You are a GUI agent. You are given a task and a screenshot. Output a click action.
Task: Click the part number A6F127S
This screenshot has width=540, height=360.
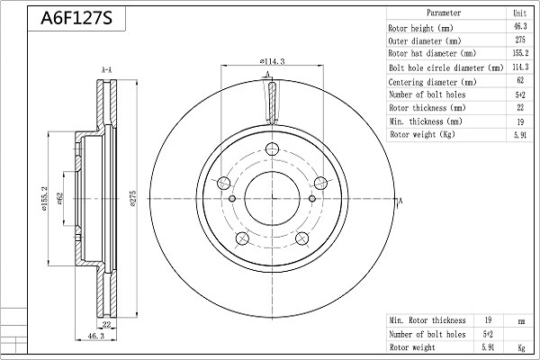(x=76, y=18)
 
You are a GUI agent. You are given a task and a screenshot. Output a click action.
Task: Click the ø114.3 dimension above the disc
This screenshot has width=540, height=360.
(x=272, y=61)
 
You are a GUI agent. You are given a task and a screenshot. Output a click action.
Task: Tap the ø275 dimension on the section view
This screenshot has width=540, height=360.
(x=133, y=198)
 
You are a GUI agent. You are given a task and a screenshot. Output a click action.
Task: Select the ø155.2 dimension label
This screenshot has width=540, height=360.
(x=44, y=198)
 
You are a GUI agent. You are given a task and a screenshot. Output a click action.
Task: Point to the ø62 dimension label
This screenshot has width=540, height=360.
(x=59, y=199)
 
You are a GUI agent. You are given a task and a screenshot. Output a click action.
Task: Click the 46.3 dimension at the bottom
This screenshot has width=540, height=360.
(x=95, y=336)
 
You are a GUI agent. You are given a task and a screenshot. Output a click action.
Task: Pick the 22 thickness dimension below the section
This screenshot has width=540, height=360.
(x=107, y=324)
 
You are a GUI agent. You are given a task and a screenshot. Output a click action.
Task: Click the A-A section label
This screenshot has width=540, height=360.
(x=106, y=70)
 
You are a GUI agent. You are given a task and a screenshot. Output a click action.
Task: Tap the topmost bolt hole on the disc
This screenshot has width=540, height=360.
(x=272, y=149)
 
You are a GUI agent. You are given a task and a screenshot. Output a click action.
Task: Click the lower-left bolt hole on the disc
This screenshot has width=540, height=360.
(x=242, y=238)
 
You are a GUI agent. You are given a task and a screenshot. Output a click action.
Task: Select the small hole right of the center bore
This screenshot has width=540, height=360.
(x=312, y=198)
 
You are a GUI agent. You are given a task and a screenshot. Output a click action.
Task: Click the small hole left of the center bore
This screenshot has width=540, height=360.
(x=232, y=198)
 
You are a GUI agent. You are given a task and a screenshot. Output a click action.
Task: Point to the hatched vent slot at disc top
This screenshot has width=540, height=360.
(x=272, y=103)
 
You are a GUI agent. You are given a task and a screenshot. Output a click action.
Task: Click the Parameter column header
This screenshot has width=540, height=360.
(x=444, y=13)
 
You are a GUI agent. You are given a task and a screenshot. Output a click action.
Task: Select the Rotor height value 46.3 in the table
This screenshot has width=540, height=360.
(x=520, y=26)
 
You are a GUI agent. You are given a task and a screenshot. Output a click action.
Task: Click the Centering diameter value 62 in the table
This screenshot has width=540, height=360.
(x=520, y=80)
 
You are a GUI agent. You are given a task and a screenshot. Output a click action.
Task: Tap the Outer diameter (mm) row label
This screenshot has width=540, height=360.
(x=425, y=41)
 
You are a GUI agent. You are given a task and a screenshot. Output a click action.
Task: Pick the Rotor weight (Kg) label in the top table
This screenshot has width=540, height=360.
(x=423, y=134)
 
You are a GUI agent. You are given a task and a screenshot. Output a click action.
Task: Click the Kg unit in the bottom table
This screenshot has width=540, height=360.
(x=521, y=347)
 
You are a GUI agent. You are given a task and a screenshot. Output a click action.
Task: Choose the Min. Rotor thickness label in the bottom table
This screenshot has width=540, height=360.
(x=427, y=320)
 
